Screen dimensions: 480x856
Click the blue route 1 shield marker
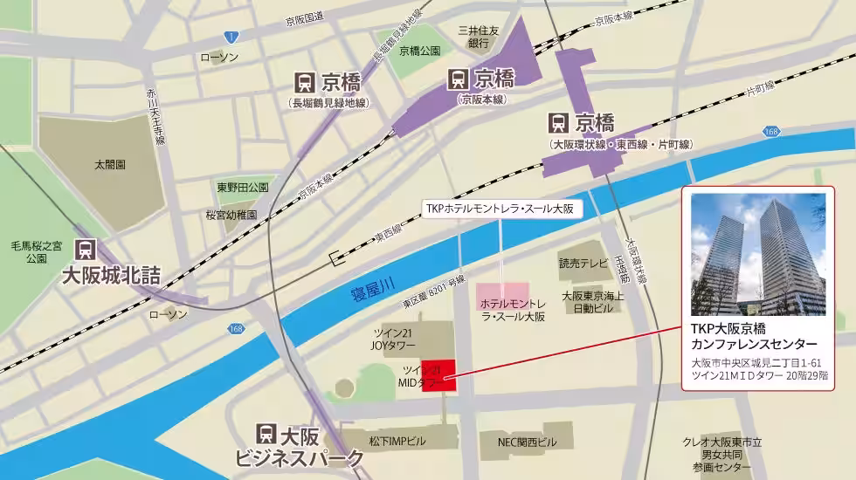(x=230, y=36)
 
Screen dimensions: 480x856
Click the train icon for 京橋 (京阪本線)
(x=457, y=79)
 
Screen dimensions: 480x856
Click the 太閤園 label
(x=110, y=163)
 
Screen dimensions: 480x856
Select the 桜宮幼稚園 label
(x=231, y=214)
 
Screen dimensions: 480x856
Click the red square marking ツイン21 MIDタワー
(x=439, y=375)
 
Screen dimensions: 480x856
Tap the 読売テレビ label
(x=583, y=263)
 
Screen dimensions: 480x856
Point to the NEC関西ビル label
(x=527, y=442)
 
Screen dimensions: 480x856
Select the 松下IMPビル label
(x=397, y=442)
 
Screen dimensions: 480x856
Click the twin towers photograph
(x=757, y=254)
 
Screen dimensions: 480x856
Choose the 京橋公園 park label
(x=419, y=51)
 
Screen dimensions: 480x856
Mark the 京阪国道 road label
(x=305, y=17)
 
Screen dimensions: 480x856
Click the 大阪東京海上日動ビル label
(x=593, y=302)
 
